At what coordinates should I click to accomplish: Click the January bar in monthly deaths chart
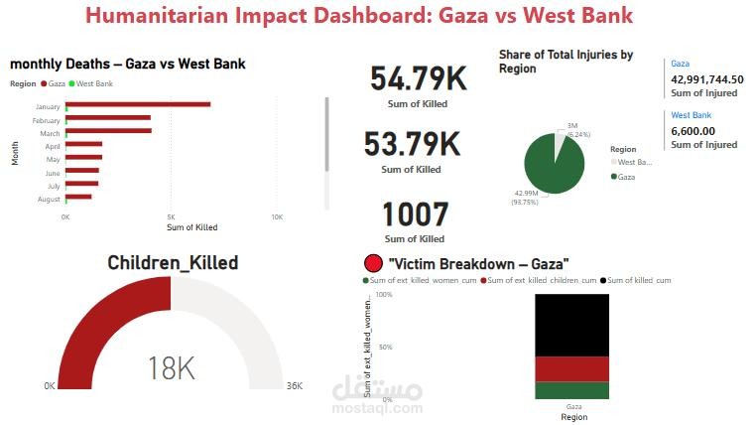pyautogui.click(x=138, y=104)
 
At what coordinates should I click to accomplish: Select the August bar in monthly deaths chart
pyautogui.click(x=78, y=197)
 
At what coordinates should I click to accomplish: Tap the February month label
pyautogui.click(x=48, y=119)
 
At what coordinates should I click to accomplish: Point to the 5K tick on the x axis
pyautogui.click(x=171, y=216)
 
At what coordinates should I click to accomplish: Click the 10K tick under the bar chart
pyautogui.click(x=277, y=216)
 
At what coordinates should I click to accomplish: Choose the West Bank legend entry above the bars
pyautogui.click(x=93, y=84)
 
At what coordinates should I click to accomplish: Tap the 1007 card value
pyautogui.click(x=415, y=214)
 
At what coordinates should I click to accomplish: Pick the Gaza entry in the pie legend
pyautogui.click(x=626, y=176)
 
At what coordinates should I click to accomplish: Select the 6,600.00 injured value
pyautogui.click(x=694, y=130)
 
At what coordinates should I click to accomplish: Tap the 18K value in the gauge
pyautogui.click(x=171, y=368)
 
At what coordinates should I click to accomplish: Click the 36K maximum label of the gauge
pyautogui.click(x=294, y=386)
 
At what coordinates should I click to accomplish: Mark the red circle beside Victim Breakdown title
pyautogui.click(x=374, y=264)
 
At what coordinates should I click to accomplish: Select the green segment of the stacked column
pyautogui.click(x=573, y=390)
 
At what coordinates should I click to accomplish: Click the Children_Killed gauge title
pyautogui.click(x=172, y=263)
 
